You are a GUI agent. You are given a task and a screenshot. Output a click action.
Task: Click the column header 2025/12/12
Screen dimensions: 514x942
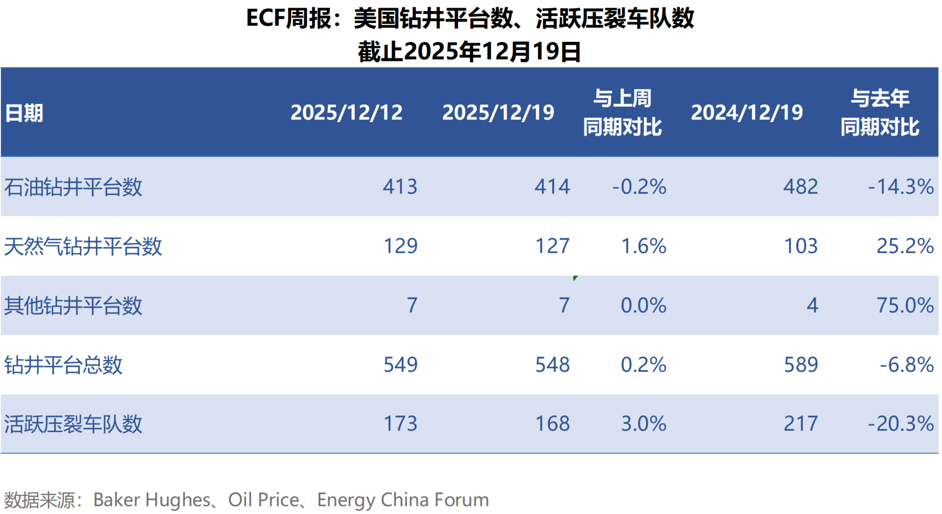346,112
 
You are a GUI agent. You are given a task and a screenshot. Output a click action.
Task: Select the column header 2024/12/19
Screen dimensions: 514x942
747,112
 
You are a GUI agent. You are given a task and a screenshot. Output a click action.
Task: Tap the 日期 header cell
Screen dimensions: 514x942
24,113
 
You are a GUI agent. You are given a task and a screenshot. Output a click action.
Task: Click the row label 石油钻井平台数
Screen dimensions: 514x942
73,187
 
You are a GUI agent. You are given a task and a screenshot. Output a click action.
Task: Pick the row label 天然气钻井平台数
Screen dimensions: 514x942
83,246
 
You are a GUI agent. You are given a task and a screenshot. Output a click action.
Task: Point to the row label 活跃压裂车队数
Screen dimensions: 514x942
73,424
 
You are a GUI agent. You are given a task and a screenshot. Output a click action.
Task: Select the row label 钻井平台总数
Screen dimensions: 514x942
63,365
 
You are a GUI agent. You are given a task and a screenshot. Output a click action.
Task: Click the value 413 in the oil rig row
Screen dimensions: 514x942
400,187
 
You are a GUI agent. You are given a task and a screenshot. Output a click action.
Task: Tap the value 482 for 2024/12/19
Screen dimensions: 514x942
800,187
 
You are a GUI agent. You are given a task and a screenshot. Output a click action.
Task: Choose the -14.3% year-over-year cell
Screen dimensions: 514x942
901,187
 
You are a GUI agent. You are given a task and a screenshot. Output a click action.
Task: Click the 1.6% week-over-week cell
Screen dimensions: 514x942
644,246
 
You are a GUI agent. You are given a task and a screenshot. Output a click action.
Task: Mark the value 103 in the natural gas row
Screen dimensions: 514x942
801,246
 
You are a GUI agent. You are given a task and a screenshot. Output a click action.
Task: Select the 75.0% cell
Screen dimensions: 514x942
905,305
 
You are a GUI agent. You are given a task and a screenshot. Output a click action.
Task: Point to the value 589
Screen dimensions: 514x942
801,364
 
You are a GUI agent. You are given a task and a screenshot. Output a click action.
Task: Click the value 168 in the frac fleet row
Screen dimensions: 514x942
553,424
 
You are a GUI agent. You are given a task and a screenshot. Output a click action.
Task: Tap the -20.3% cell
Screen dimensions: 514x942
901,424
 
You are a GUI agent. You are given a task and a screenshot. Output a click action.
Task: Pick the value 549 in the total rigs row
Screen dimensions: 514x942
401,364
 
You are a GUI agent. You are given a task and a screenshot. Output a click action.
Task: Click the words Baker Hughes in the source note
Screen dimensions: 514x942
152,500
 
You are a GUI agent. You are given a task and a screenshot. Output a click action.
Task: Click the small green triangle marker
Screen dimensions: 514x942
575,278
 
